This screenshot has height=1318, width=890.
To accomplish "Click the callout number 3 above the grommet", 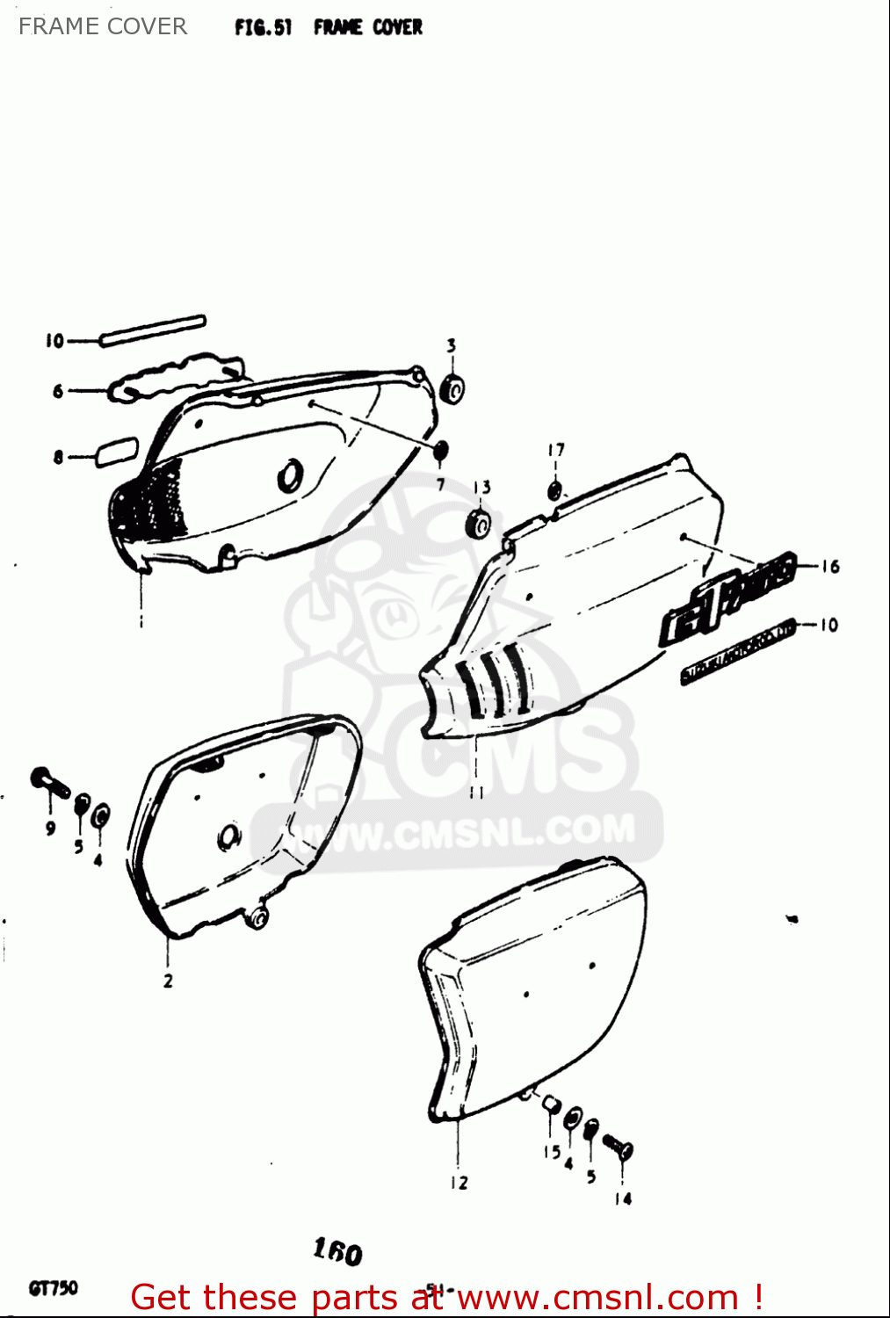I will [x=451, y=345].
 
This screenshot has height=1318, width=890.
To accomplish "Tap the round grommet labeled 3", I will [x=452, y=387].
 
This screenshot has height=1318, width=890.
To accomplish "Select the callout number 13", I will [x=481, y=488].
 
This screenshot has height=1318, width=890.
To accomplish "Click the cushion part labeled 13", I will [x=478, y=524].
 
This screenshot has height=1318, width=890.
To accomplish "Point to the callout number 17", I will [x=556, y=450].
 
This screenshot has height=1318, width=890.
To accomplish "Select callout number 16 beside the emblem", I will [x=830, y=567].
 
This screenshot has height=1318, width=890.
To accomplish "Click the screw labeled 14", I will [x=618, y=1146].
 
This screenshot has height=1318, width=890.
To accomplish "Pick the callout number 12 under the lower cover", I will [x=459, y=1183].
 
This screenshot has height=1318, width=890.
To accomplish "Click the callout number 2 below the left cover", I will [x=168, y=981].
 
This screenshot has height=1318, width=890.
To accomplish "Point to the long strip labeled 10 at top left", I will [x=153, y=330].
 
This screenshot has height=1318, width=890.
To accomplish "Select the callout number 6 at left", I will [x=58, y=391].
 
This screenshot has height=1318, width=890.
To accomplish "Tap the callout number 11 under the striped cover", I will [x=476, y=793].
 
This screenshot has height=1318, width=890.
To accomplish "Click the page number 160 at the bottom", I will [x=337, y=1251].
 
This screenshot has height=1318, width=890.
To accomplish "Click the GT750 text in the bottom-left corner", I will [x=54, y=1288].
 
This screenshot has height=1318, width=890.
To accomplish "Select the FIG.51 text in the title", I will [x=263, y=27].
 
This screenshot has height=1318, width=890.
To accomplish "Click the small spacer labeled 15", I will [x=551, y=1104].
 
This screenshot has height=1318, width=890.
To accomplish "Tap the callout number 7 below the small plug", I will [x=440, y=484].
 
